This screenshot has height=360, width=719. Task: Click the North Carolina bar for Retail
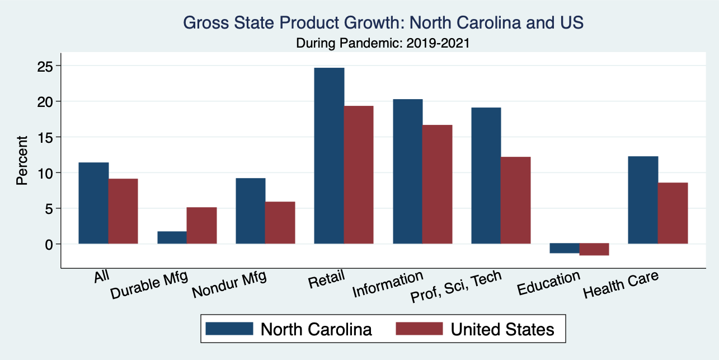329,156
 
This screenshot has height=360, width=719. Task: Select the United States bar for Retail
359,175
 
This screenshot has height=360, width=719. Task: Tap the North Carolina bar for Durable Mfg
172,237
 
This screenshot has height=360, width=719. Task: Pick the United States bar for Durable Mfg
201,226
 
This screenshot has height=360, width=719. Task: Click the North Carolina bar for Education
565,248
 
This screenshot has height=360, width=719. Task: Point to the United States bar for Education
594,249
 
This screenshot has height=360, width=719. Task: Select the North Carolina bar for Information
408,171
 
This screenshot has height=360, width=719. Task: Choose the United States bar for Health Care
673,213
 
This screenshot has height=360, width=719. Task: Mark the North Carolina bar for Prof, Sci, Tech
486,175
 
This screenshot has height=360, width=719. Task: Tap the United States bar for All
123,211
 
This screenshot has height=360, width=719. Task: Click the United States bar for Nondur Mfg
280,222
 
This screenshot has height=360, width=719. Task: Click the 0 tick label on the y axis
49,244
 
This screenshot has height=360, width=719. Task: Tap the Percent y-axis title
22,160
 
